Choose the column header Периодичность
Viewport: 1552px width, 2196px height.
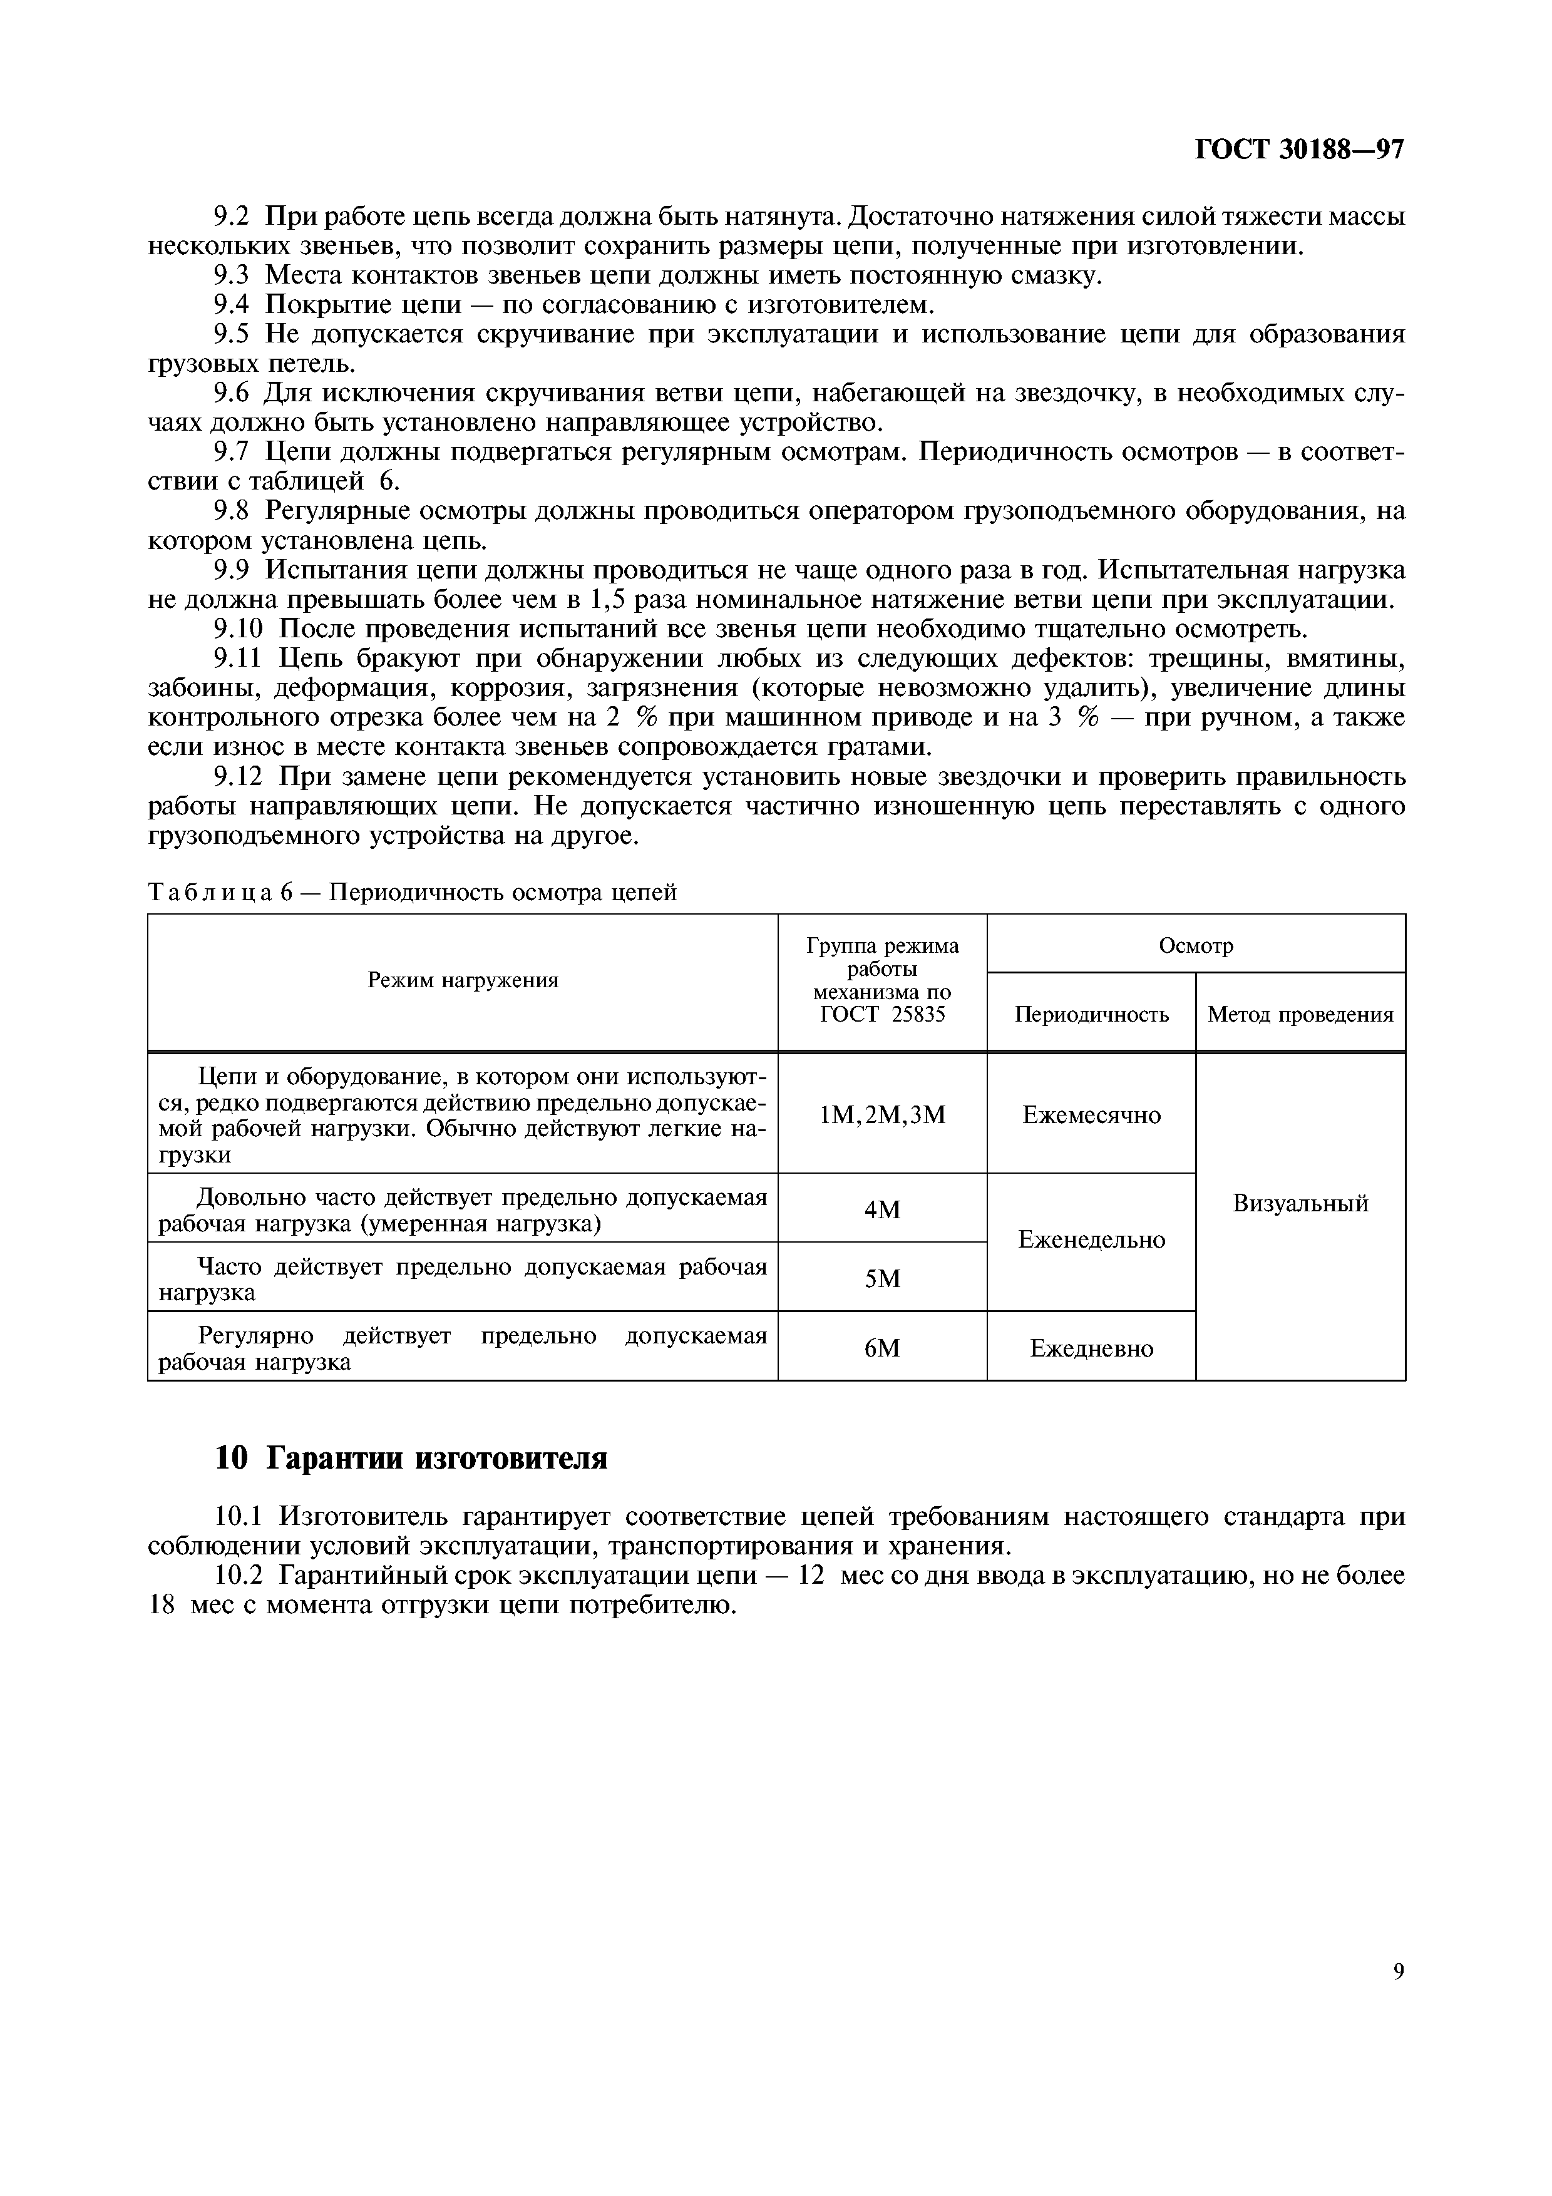[1091, 1014]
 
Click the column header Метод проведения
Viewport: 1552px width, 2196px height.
[1300, 1014]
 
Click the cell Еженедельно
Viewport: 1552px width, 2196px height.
[1091, 1239]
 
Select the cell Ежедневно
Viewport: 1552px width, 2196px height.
[1091, 1348]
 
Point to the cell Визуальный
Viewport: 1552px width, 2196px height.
[1300, 1203]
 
